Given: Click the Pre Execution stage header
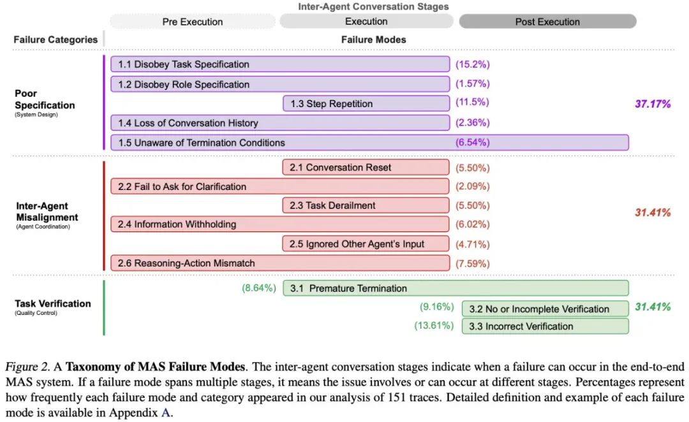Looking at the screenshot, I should tap(192, 22).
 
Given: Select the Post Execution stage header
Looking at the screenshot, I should tap(547, 22).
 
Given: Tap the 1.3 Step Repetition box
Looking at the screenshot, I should tap(366, 104).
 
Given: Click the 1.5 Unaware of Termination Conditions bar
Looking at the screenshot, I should tap(369, 142).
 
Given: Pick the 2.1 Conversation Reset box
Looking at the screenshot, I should tap(366, 168).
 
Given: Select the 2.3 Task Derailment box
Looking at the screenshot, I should tap(366, 205).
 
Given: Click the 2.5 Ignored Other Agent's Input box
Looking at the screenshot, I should tap(366, 244).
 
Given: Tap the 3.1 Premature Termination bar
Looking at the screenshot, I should tap(456, 288).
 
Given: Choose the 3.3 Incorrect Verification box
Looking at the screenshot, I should tap(545, 326).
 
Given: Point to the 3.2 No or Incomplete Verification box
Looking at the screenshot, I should tap(545, 309).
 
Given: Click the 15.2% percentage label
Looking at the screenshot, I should tap(472, 64).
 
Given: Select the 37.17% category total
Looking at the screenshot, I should tap(653, 104).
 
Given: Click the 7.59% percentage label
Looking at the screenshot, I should tap(472, 263).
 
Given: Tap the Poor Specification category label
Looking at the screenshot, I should tap(45, 100).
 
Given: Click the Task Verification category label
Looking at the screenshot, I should tap(53, 303).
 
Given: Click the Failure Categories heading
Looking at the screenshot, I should tap(56, 40).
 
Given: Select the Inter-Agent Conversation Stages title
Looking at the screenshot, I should tap(373, 6).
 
